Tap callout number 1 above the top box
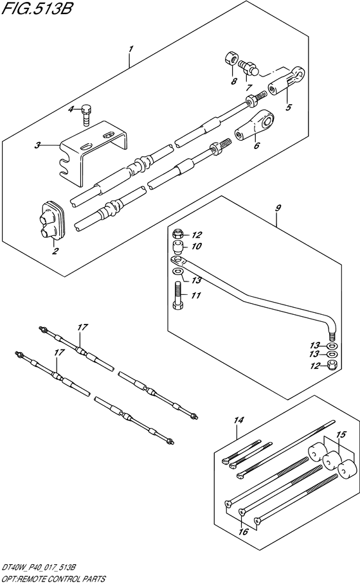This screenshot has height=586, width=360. click(x=130, y=49)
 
